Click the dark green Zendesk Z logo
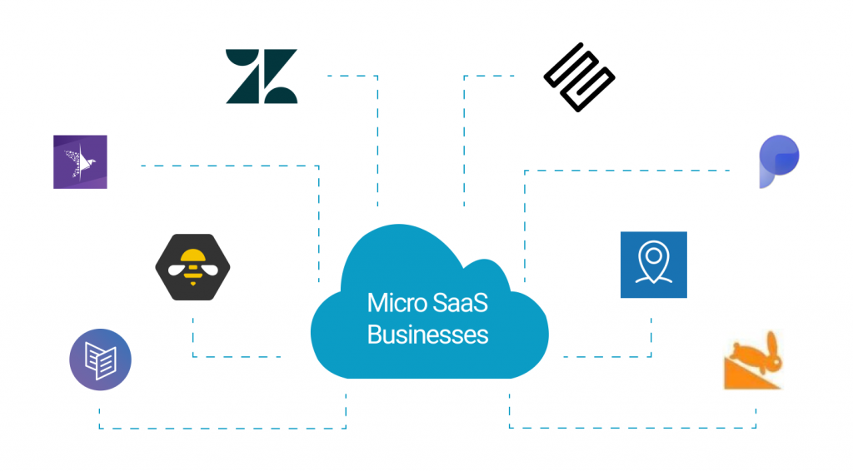point(261,77)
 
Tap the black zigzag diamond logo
point(579,77)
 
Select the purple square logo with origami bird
point(80,161)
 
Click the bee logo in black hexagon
point(193,266)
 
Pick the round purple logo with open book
point(100,359)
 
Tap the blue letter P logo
point(778,162)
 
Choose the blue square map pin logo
point(653,265)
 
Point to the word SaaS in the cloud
point(459,303)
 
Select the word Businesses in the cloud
point(427,335)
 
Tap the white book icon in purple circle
point(100,361)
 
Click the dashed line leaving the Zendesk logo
point(350,76)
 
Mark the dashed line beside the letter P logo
point(666,171)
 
